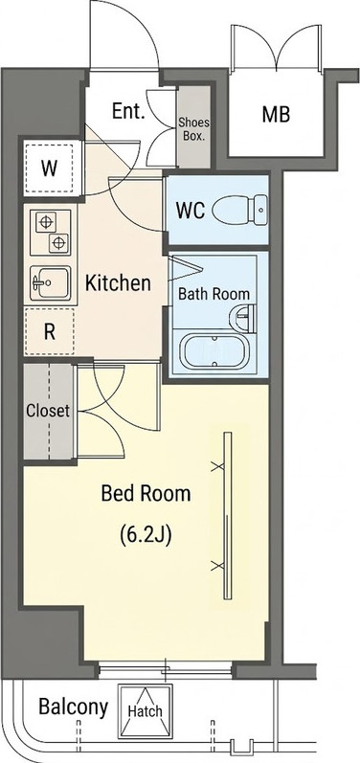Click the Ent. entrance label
tap(128, 111)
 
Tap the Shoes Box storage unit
tap(194, 127)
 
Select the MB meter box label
tap(276, 114)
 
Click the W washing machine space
tap(49, 168)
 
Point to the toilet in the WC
tap(239, 210)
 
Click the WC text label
tap(191, 211)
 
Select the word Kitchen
tap(118, 282)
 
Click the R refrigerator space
tap(49, 332)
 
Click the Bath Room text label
tap(214, 294)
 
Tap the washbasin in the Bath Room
tap(242, 318)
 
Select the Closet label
tap(48, 412)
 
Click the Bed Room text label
tap(146, 494)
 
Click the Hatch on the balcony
tap(145, 711)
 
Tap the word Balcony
tap(73, 707)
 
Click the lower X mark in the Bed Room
tap(217, 566)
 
